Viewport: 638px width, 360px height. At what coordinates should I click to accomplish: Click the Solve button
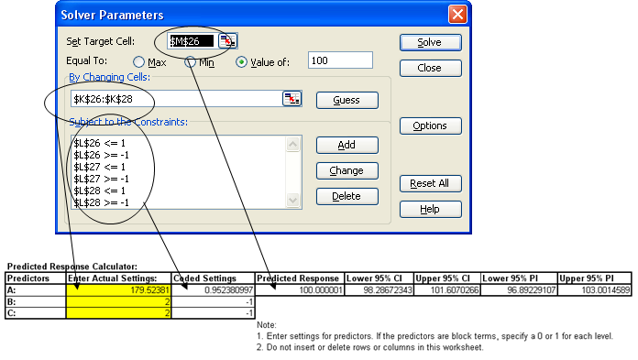click(430, 42)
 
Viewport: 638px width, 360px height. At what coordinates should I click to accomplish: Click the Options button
click(430, 125)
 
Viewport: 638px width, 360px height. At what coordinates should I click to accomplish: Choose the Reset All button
click(430, 183)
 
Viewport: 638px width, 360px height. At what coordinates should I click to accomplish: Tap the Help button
click(430, 209)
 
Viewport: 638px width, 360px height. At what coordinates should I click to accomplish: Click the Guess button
click(346, 100)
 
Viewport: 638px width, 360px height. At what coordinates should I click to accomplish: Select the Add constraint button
click(346, 145)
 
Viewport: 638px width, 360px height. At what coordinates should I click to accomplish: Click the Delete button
click(346, 196)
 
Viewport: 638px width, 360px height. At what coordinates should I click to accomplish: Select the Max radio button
click(140, 61)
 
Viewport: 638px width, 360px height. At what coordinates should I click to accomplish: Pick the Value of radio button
click(242, 61)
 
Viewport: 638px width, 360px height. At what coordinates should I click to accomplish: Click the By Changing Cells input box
click(174, 98)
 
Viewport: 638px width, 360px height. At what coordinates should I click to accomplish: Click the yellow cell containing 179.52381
click(118, 290)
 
